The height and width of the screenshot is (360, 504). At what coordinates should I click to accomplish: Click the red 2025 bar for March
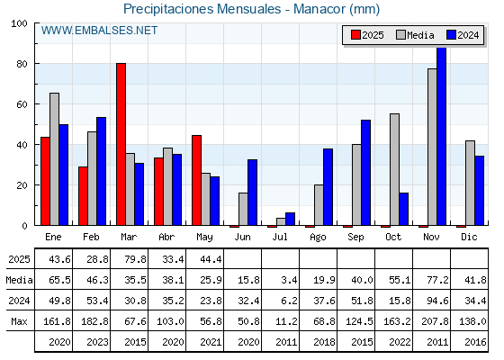click(121, 144)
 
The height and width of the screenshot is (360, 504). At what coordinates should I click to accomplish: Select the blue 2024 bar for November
click(441, 136)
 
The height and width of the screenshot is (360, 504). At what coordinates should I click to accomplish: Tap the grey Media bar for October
click(394, 169)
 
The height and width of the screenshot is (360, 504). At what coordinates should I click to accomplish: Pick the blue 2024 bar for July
click(290, 219)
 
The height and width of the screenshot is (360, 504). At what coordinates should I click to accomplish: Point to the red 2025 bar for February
click(83, 196)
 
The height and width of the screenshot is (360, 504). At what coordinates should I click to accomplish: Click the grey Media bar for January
click(55, 159)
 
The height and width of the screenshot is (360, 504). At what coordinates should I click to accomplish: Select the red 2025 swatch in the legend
click(355, 35)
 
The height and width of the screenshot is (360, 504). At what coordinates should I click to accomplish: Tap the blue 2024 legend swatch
click(451, 35)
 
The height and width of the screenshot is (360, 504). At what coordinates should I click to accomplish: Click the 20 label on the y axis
click(22, 185)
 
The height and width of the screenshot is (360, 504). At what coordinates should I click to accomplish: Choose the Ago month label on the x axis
click(318, 238)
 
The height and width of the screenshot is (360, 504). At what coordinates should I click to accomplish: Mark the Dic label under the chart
click(469, 237)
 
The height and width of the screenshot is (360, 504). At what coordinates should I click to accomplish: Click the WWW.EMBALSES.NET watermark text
click(99, 31)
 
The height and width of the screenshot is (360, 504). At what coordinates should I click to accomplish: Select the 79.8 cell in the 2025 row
click(135, 259)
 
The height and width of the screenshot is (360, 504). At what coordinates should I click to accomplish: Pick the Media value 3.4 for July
click(289, 280)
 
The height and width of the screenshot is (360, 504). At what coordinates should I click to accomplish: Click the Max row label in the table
click(19, 321)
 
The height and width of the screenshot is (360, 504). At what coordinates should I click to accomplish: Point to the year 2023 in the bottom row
click(97, 342)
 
